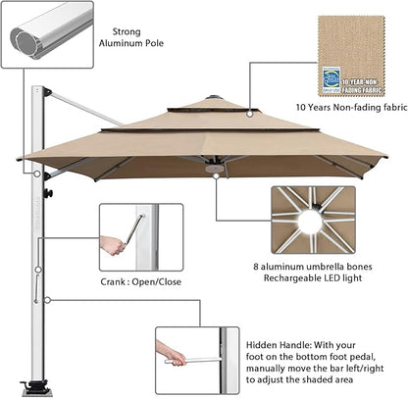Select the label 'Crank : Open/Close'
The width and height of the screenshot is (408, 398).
(x=139, y=281)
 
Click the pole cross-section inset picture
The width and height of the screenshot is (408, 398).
(x=48, y=34)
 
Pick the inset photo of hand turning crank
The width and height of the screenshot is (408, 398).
(x=140, y=236)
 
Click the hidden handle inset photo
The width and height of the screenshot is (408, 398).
(x=196, y=359)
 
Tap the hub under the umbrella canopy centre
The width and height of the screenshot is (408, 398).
(x=213, y=170)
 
